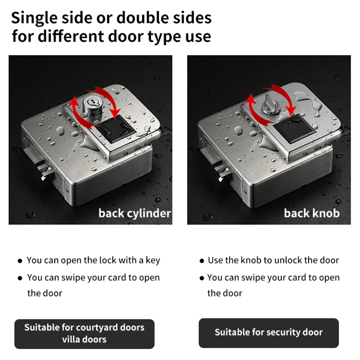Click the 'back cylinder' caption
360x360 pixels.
[135, 213]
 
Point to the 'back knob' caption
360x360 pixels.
[311, 213]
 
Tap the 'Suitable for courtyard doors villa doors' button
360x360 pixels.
[84, 333]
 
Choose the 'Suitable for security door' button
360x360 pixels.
[269, 332]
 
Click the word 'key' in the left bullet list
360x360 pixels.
[153, 260]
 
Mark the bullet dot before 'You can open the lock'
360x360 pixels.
[21, 261]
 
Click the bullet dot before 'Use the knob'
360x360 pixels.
[202, 261]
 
